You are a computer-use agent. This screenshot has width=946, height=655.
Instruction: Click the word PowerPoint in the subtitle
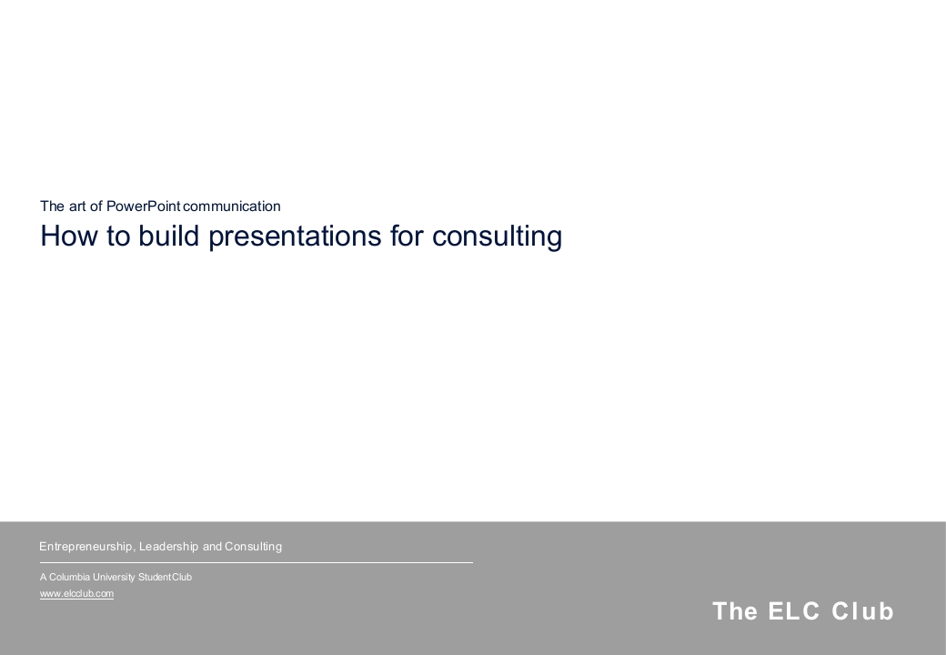tap(143, 207)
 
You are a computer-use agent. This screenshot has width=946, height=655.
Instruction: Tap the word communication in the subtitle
tap(232, 207)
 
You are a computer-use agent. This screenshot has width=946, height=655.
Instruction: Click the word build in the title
tap(169, 236)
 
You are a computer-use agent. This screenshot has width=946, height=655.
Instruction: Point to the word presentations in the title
tap(295, 236)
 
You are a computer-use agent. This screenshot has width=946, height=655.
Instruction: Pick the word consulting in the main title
tap(498, 236)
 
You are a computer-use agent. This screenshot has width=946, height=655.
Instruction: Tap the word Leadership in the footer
tap(168, 547)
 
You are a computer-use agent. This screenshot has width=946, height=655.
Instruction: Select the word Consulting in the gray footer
tap(254, 547)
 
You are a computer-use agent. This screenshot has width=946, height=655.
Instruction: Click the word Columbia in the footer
tap(69, 577)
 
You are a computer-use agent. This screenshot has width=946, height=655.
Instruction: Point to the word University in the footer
tap(114, 577)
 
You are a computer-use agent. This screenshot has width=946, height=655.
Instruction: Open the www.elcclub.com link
tap(76, 593)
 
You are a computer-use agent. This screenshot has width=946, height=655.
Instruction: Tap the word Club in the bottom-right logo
tap(862, 611)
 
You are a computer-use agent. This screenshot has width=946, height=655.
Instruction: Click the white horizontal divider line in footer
tap(257, 563)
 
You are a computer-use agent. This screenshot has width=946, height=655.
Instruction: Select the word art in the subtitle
tap(78, 207)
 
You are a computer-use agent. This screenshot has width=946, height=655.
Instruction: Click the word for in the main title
tap(407, 236)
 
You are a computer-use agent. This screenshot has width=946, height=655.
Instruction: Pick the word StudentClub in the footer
tap(165, 577)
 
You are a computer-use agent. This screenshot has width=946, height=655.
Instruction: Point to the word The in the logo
tap(735, 611)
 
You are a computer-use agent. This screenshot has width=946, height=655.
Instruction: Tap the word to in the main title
tap(118, 236)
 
